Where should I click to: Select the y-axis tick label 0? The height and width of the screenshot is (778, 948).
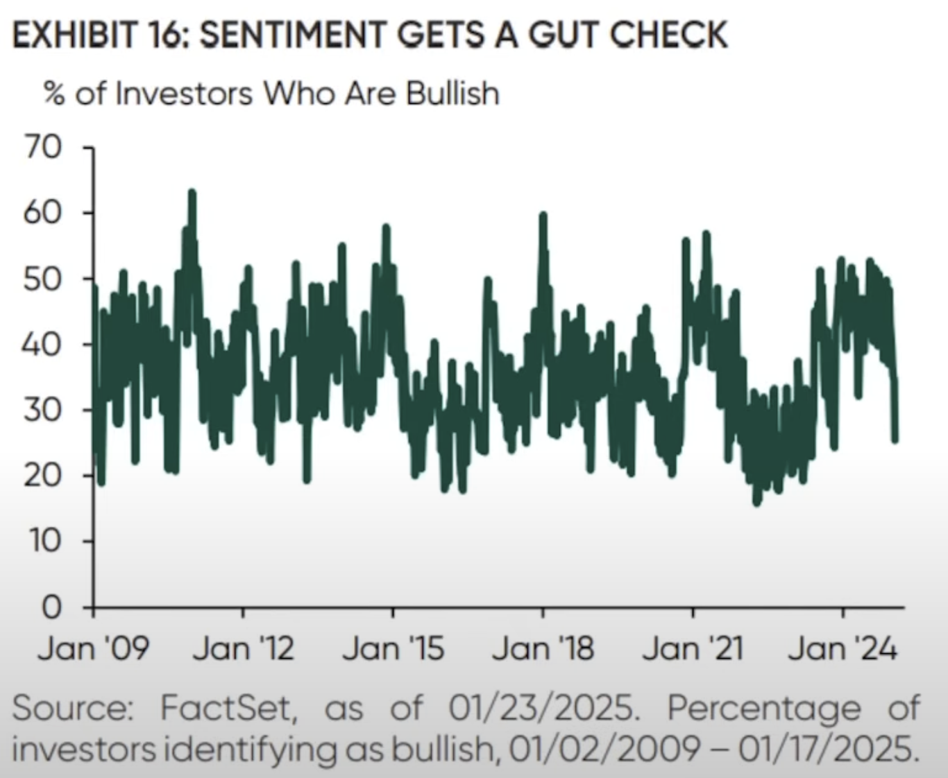point(51,607)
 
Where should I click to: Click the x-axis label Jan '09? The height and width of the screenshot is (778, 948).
point(93,648)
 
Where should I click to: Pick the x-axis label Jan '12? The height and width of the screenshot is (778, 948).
point(243,648)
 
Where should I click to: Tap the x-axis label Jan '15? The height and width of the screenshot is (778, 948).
point(393,648)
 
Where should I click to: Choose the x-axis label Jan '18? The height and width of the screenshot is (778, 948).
point(543,648)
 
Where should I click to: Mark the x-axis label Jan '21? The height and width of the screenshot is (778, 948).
point(693,648)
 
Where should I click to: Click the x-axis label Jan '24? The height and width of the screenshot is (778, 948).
point(843,648)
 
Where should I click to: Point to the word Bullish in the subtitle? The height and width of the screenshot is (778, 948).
point(452,94)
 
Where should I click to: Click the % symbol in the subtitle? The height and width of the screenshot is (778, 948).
point(54,94)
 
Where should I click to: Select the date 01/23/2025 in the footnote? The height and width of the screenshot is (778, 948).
point(541,708)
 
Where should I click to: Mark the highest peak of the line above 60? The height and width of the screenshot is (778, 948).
point(192,192)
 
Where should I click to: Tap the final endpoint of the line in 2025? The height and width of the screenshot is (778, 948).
point(895,439)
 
